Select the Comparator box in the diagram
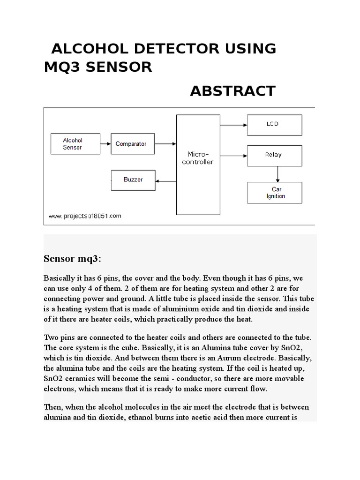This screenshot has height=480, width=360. (131, 144)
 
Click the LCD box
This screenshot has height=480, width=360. (275, 125)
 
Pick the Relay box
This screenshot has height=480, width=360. (275, 155)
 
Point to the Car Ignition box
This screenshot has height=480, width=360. (275, 193)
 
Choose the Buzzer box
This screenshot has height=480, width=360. (133, 180)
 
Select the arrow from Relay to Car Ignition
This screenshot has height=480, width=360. (277, 174)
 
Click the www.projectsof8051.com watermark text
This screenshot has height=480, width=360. (84, 216)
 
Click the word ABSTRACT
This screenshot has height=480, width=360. (232, 91)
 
